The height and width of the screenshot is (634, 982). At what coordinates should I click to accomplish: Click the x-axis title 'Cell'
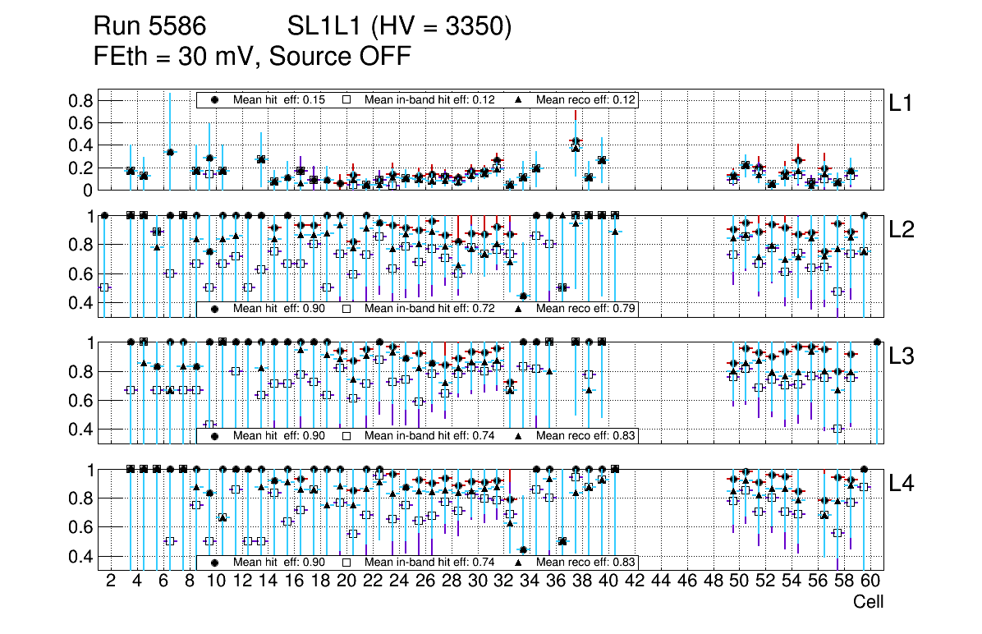pos(868,602)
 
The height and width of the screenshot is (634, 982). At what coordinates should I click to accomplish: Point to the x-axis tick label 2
pos(111,581)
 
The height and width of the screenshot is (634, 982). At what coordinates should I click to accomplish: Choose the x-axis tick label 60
pos(870,581)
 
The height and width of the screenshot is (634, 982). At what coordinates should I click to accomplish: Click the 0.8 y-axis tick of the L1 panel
pos(83,101)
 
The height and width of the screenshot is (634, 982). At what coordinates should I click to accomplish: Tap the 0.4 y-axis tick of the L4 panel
pos(83,556)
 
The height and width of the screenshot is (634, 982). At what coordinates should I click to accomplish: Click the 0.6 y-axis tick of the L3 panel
pos(83,400)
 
